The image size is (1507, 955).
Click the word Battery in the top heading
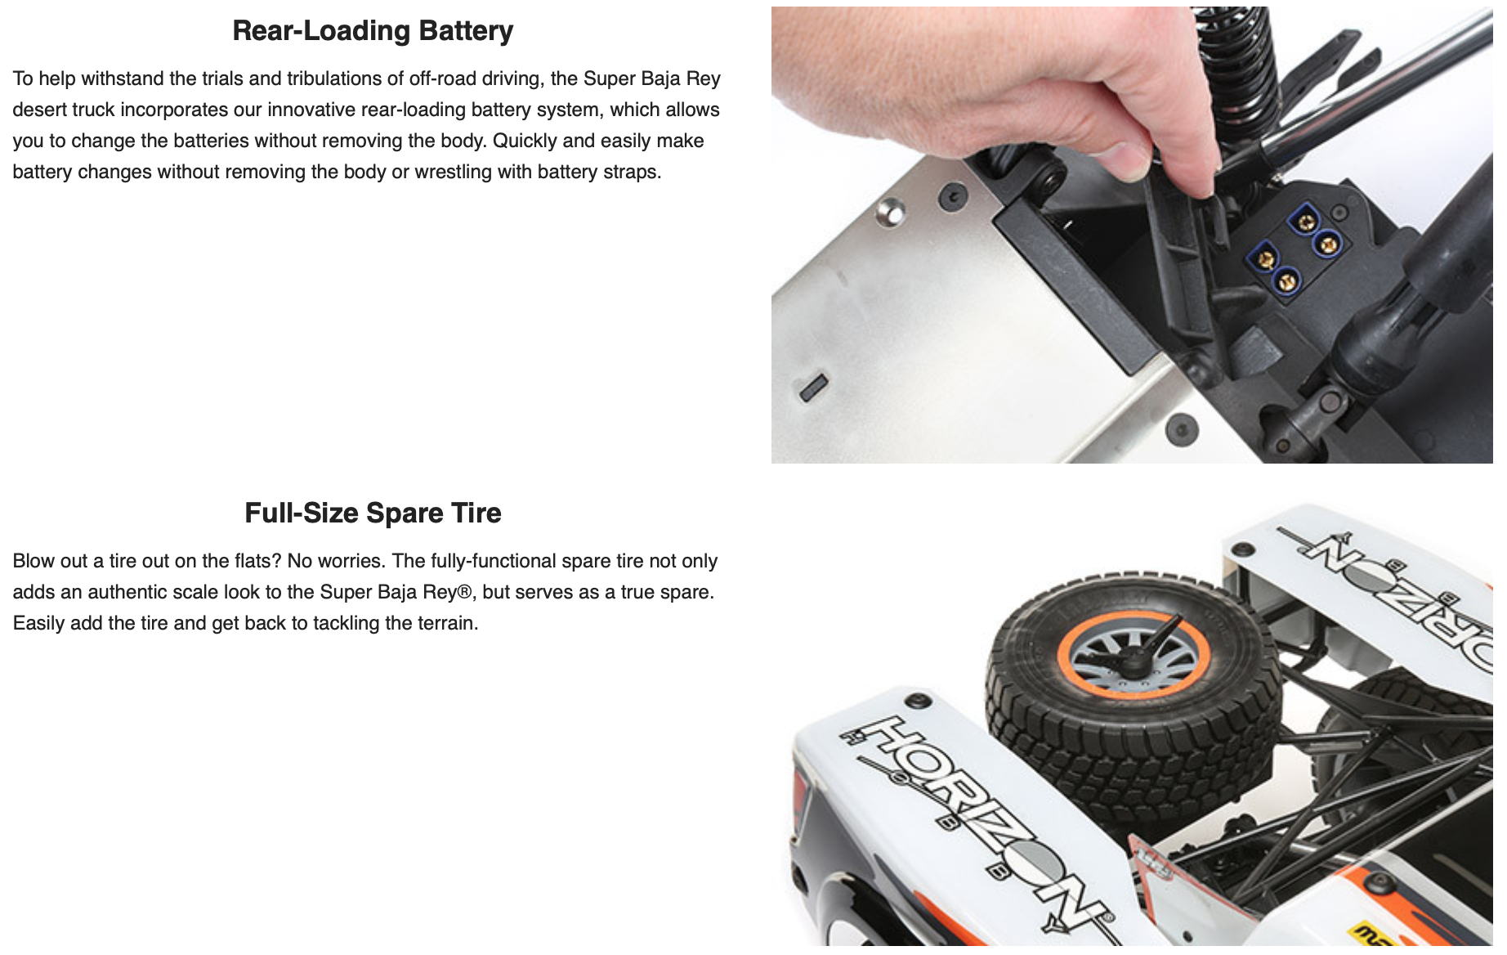click(x=466, y=31)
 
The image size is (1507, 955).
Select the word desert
click(x=39, y=110)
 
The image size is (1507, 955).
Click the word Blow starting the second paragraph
click(x=29, y=561)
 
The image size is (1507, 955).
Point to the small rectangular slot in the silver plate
click(x=814, y=387)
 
